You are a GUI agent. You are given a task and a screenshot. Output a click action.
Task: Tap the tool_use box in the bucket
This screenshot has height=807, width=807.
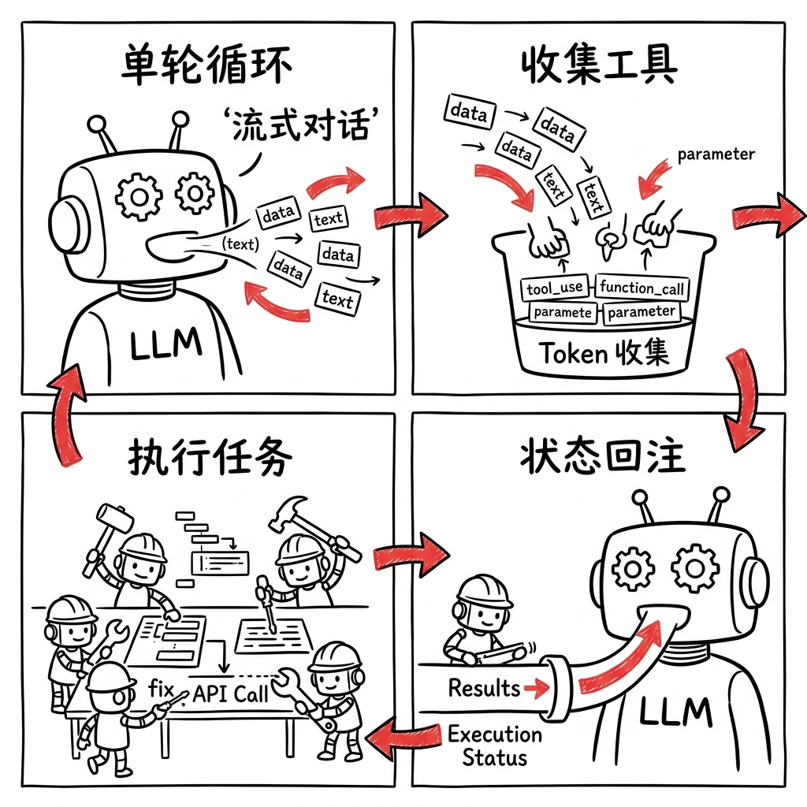pos(556,288)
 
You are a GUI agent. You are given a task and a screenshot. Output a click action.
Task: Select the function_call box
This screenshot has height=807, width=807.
pos(642,288)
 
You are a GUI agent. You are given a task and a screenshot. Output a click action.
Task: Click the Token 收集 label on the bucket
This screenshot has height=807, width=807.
pos(604,352)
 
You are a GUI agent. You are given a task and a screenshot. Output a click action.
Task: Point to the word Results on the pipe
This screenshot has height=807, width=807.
pos(484,688)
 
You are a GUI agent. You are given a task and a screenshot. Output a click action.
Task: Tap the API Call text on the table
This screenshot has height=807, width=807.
pos(230,694)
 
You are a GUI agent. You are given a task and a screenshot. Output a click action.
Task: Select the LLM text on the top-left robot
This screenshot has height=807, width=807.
pos(165,344)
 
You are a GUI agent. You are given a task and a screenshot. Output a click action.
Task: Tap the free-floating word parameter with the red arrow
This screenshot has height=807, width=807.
pos(716,154)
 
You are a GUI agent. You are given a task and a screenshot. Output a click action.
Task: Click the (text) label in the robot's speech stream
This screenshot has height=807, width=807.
pos(240,244)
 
